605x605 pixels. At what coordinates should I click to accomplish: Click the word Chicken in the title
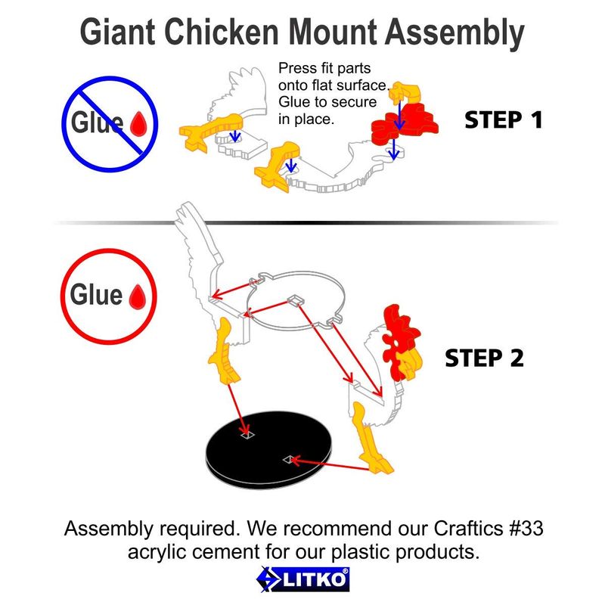click(x=222, y=32)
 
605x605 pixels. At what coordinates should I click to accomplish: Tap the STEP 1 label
click(x=504, y=120)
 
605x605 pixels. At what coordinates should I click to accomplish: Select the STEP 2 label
click(x=484, y=358)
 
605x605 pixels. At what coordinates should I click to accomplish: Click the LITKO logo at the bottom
click(x=303, y=579)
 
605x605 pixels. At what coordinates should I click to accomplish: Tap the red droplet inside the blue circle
click(x=138, y=123)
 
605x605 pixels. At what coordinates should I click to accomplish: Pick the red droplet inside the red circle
click(x=138, y=296)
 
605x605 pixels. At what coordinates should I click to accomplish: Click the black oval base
click(x=270, y=449)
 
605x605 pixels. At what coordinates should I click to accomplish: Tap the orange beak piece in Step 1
click(x=406, y=92)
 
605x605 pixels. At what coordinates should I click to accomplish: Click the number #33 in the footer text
click(x=526, y=528)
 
